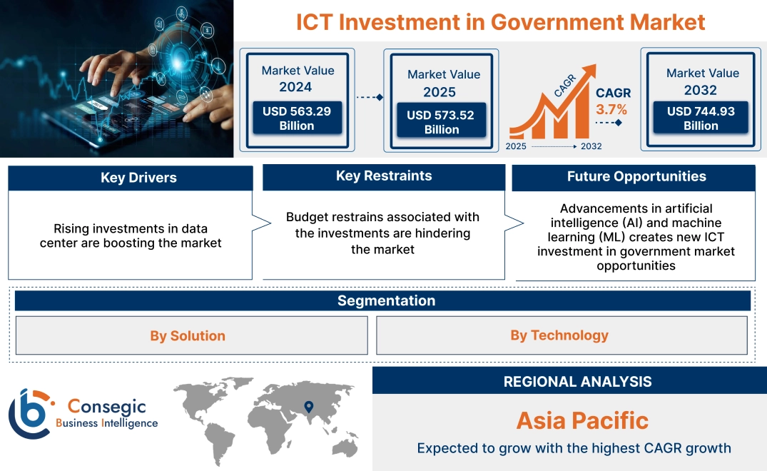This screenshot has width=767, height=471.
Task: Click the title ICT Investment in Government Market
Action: tap(500, 21)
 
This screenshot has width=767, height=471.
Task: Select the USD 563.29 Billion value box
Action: tap(297, 118)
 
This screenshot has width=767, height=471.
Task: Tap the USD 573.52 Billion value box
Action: tap(440, 122)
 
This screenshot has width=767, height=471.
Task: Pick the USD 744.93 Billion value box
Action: tap(700, 118)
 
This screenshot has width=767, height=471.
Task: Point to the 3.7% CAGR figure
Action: tap(611, 109)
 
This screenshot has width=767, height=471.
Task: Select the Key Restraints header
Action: tap(384, 176)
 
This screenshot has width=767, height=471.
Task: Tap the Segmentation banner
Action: tap(386, 300)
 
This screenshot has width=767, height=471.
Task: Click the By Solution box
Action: tap(188, 335)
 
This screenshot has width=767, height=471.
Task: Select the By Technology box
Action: tap(559, 335)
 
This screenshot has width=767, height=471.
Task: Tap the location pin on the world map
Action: tap(308, 407)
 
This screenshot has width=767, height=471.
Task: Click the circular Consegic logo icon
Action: tap(30, 413)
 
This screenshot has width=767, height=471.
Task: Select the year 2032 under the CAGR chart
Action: tap(591, 146)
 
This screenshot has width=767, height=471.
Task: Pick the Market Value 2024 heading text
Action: tap(297, 78)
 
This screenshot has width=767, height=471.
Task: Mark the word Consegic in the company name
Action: tap(107, 406)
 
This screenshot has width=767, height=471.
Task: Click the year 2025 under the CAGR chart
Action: tap(517, 146)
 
